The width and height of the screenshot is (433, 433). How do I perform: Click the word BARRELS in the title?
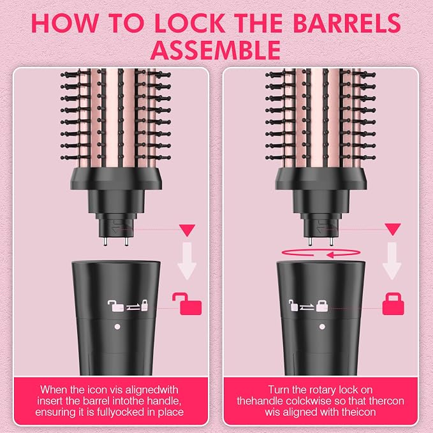pyautogui.click(x=346, y=23)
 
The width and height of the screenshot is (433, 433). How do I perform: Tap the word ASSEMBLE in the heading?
pyautogui.click(x=216, y=50)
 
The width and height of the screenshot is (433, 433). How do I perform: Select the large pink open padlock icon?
pyautogui.click(x=187, y=304)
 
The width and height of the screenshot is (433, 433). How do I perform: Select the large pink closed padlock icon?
pyautogui.click(x=393, y=304)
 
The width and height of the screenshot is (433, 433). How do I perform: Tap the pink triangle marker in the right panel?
pyautogui.click(x=393, y=229)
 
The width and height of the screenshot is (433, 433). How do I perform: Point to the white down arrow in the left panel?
pyautogui.click(x=187, y=261)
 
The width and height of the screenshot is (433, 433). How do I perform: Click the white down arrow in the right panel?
pyautogui.click(x=392, y=261)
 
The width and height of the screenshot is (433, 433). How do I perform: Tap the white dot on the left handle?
pyautogui.click(x=117, y=327)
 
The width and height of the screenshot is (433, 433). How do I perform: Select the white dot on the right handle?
pyautogui.click(x=322, y=327)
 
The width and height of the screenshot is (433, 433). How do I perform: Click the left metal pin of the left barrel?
pyautogui.click(x=105, y=241)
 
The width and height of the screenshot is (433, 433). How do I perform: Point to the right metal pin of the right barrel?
pyautogui.click(x=332, y=241)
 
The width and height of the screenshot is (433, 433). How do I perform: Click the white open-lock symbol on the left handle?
pyautogui.click(x=115, y=305)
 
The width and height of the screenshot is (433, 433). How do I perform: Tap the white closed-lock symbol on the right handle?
pyautogui.click(x=322, y=305)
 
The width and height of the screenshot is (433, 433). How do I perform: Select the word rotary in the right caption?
pyautogui.click(x=323, y=390)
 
